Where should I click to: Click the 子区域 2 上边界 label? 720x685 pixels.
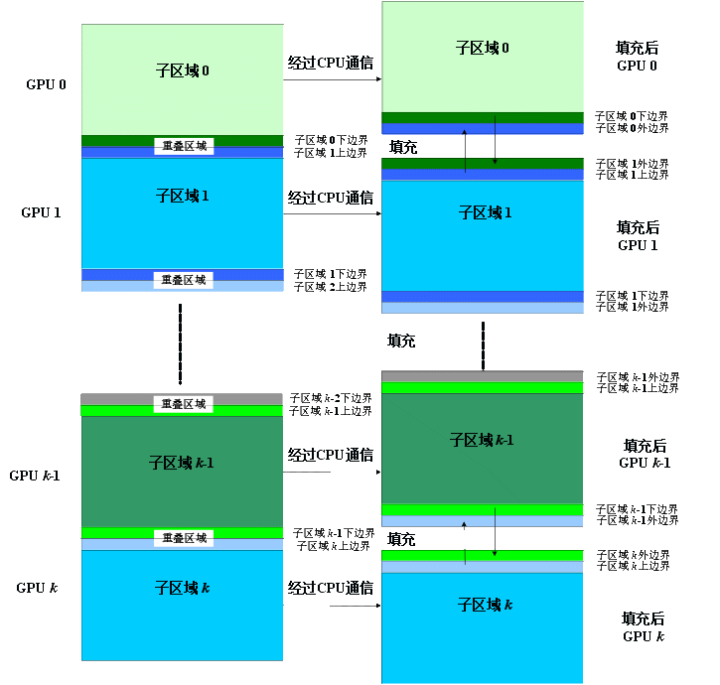[331, 287]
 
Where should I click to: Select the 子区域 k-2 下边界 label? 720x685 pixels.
[331, 397]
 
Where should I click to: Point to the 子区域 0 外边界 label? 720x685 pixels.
[632, 128]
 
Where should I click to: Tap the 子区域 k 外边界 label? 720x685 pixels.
[633, 554]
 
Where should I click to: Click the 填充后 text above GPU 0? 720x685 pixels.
[637, 48]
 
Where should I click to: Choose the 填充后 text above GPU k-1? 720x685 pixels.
[645, 447]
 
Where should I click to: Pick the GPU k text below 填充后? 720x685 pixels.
[644, 635]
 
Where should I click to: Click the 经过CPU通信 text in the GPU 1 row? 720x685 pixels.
[331, 198]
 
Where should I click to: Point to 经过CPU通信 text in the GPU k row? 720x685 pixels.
[331, 589]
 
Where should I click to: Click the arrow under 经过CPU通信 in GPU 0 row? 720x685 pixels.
[333, 81]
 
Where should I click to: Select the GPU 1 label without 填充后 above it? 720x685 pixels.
[42, 212]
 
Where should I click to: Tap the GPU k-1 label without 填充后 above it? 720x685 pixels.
[35, 476]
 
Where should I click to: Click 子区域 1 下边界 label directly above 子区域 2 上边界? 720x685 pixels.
[331, 274]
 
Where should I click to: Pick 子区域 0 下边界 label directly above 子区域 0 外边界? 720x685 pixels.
[632, 116]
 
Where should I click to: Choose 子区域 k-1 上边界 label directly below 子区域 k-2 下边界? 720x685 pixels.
[331, 409]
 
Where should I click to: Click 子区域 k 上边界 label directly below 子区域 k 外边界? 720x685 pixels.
[633, 566]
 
